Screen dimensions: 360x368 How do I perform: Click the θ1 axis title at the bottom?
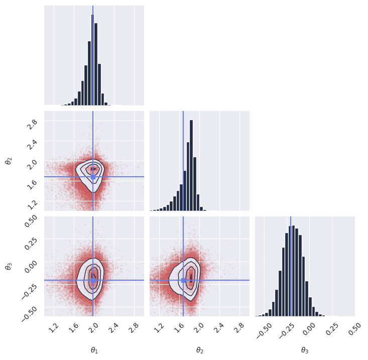[94, 350]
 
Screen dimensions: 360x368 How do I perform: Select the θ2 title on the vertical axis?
[8, 161]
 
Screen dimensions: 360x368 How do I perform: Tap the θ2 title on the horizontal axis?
[199, 350]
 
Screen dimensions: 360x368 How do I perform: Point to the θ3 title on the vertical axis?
[8, 266]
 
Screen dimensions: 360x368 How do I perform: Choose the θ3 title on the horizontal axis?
[305, 350]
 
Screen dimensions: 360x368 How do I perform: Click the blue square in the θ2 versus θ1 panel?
[93, 177]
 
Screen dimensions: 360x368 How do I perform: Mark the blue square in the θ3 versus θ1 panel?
[93, 280]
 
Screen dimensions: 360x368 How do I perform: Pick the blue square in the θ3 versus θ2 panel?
[183, 280]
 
